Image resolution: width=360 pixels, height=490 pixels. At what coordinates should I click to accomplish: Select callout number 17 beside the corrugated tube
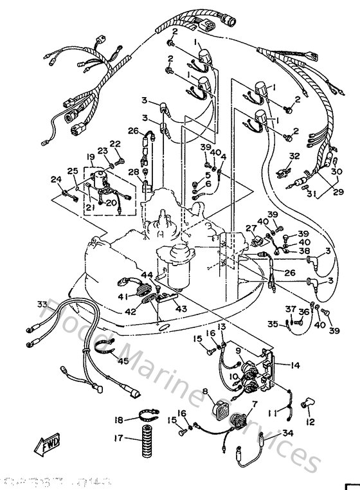click(118, 440)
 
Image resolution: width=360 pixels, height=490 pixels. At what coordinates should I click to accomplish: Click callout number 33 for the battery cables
click(42, 304)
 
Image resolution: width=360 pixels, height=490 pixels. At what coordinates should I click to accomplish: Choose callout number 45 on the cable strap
click(123, 361)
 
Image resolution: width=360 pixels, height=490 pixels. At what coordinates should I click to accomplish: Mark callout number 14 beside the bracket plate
click(295, 365)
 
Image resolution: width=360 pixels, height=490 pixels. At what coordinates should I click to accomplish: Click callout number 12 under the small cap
click(310, 422)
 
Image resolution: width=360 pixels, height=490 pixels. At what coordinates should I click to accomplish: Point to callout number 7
click(255, 403)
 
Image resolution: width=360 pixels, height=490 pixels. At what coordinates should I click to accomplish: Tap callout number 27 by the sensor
click(251, 228)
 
